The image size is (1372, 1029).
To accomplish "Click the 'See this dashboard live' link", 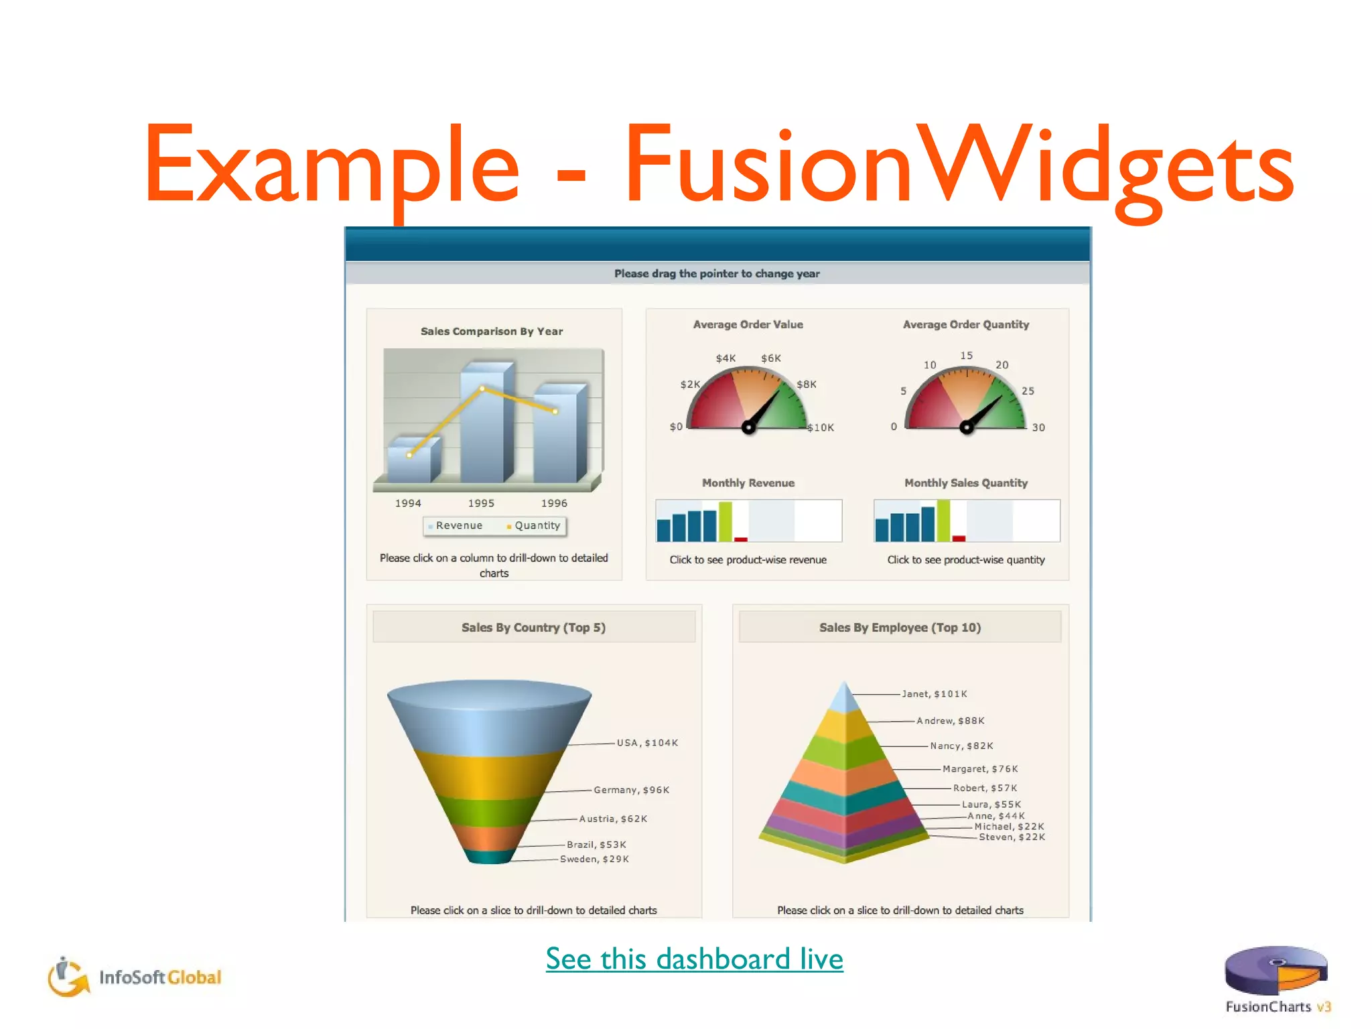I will click(694, 959).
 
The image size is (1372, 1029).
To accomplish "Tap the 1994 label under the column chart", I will click(408, 503).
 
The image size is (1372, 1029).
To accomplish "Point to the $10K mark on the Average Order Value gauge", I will click(821, 427).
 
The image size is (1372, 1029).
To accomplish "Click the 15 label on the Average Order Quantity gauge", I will click(966, 356).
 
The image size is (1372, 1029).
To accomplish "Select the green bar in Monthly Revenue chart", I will click(725, 521).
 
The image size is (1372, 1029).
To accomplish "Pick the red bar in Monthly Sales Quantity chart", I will click(959, 538).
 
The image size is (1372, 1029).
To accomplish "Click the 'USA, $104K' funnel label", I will click(647, 743).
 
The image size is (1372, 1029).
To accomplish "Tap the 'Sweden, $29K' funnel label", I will click(594, 860).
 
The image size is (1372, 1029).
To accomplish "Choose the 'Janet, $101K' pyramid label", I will click(934, 694).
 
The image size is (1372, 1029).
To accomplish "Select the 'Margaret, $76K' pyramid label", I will click(980, 769).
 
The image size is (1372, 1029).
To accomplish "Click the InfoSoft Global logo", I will click(134, 977).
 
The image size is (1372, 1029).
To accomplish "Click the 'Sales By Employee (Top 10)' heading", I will click(900, 628).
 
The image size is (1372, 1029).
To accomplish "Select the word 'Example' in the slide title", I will click(332, 166).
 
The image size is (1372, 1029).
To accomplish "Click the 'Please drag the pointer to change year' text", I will click(717, 273).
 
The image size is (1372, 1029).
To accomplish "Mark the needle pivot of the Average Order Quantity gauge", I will click(966, 427).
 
